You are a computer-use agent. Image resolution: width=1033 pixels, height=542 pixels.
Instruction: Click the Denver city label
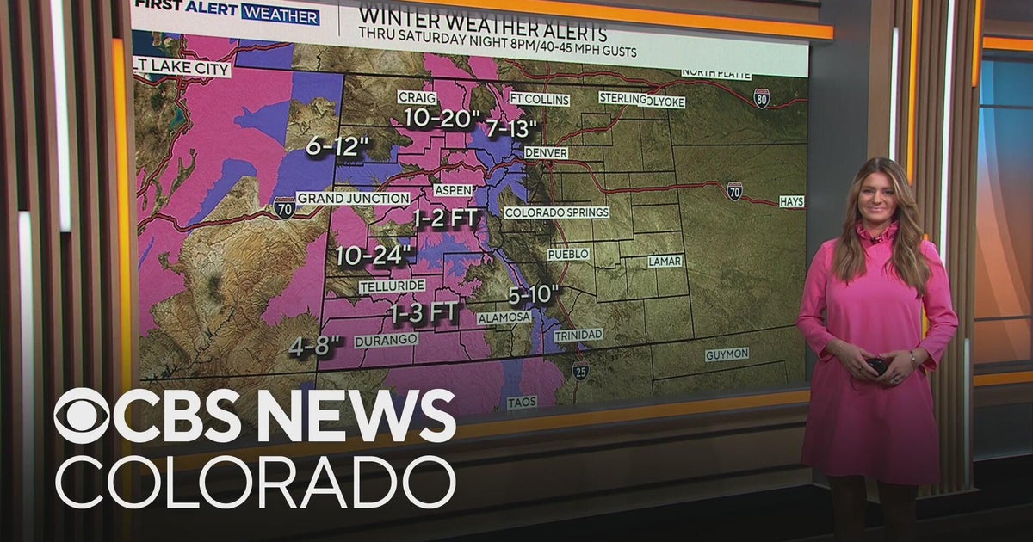[546, 152]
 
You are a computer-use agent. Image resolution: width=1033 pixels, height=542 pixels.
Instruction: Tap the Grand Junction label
[353, 199]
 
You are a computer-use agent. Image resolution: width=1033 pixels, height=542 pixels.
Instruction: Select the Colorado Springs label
[556, 212]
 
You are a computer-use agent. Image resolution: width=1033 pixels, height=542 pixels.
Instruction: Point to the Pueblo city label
[568, 255]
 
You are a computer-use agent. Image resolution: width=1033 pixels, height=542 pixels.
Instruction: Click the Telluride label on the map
[392, 286]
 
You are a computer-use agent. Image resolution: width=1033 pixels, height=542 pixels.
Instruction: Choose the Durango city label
[386, 340]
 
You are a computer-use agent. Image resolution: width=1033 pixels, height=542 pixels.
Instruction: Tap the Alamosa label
[504, 317]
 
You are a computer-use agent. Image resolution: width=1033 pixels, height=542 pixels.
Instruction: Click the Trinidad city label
[578, 335]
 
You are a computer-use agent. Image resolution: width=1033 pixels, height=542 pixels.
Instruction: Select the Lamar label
[665, 261]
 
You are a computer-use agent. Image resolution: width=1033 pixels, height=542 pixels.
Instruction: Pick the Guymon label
[727, 354]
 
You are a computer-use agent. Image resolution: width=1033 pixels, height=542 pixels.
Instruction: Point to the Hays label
[791, 201]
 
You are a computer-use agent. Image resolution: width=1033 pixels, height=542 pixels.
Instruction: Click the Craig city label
[418, 97]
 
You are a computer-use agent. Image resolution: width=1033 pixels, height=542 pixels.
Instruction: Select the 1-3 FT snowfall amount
[424, 312]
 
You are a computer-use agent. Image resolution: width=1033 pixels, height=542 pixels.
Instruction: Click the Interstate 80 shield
[761, 97]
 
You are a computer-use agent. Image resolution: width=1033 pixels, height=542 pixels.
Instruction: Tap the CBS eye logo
[83, 416]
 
